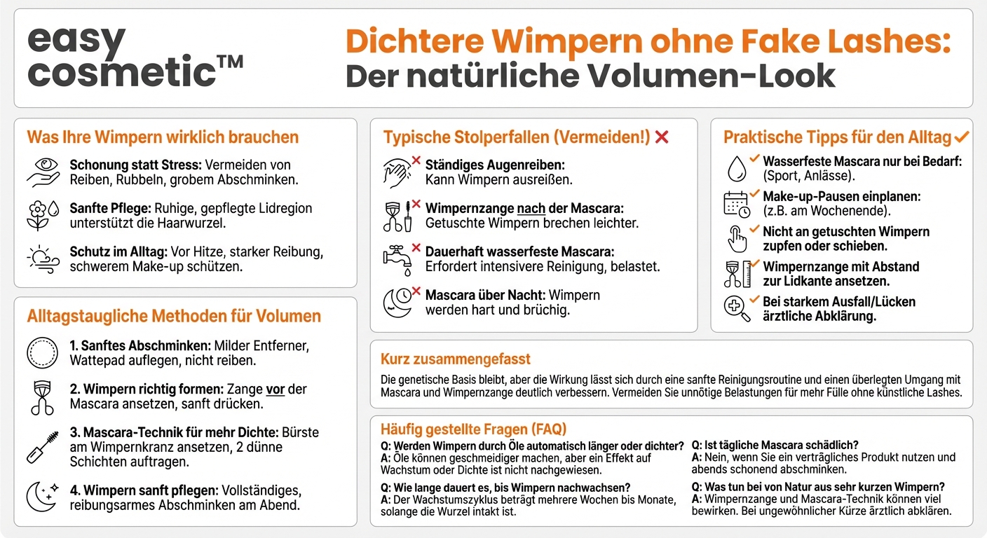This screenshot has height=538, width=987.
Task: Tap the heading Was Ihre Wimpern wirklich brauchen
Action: coord(163,137)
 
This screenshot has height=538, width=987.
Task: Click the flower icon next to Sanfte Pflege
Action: coord(41,216)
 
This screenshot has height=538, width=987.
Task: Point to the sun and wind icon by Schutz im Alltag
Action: coord(42,258)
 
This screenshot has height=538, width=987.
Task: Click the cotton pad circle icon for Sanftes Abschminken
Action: coord(41,353)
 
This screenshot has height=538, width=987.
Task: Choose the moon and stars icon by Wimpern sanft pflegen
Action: coord(42,497)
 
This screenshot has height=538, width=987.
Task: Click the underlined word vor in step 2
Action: coord(275,389)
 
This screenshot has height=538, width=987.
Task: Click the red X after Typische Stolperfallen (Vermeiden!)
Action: coord(661,137)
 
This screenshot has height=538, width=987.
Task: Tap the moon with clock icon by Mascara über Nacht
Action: coord(397,302)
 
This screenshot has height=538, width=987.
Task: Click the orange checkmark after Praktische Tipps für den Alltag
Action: coord(962,136)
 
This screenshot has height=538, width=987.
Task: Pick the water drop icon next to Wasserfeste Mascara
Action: coord(736,169)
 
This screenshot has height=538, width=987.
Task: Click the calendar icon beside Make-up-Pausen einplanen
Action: coord(736,204)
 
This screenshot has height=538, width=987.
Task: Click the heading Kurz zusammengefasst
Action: coord(456,359)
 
